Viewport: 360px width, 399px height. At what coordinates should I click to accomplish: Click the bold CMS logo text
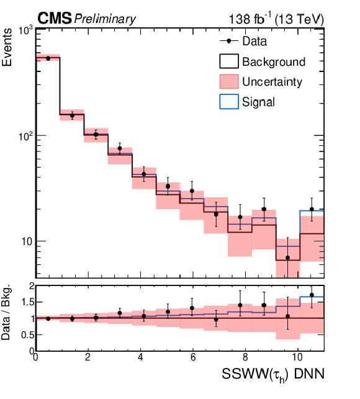pyautogui.click(x=55, y=19)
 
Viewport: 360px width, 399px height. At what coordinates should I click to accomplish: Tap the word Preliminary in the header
pyautogui.click(x=105, y=19)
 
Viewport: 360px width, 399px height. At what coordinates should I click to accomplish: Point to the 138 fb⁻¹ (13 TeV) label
pyautogui.click(x=276, y=19)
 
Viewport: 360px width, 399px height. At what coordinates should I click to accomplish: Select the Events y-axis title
pyautogui.click(x=7, y=47)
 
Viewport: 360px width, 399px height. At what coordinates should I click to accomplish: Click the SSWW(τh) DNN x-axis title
pyautogui.click(x=273, y=375)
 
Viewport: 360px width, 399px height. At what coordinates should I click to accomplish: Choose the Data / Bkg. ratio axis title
pyautogui.click(x=6, y=312)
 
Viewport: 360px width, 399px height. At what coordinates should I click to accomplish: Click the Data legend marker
pyautogui.click(x=228, y=41)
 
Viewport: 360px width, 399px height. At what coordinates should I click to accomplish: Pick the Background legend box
pyautogui.click(x=229, y=61)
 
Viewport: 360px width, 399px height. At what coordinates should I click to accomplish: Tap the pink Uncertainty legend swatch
pyautogui.click(x=229, y=81)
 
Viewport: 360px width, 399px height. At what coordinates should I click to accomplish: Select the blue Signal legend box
pyautogui.click(x=229, y=102)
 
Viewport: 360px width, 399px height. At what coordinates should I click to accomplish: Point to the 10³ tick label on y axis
pyautogui.click(x=25, y=30)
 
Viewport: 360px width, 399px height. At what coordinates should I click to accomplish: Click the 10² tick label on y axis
pyautogui.click(x=25, y=136)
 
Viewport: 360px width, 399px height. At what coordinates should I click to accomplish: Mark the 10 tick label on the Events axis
pyautogui.click(x=27, y=241)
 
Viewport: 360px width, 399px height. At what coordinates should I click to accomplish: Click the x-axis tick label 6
pyautogui.click(x=193, y=357)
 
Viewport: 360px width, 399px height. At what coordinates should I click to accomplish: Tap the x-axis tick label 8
pyautogui.click(x=245, y=357)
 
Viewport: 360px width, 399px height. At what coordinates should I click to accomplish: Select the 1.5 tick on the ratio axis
pyautogui.click(x=27, y=302)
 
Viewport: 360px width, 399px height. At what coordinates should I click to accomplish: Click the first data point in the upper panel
pyautogui.click(x=48, y=58)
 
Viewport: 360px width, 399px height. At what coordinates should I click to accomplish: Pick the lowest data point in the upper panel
pyautogui.click(x=288, y=258)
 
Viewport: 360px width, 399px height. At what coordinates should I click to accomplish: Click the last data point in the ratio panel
pyautogui.click(x=312, y=295)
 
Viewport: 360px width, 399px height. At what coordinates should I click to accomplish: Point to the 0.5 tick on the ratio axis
pyautogui.click(x=27, y=335)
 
